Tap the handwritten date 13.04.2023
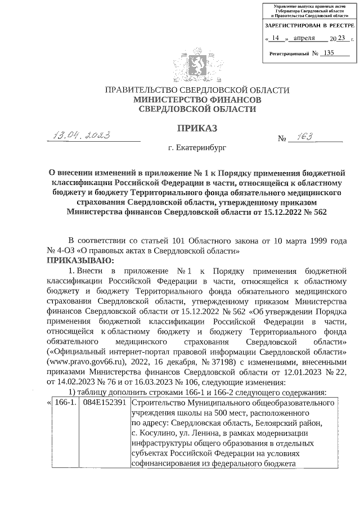coord(80,135)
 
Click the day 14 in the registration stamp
coord(275,38)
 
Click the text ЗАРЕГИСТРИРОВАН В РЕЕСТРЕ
coord(309,26)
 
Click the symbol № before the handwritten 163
coord(283,138)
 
